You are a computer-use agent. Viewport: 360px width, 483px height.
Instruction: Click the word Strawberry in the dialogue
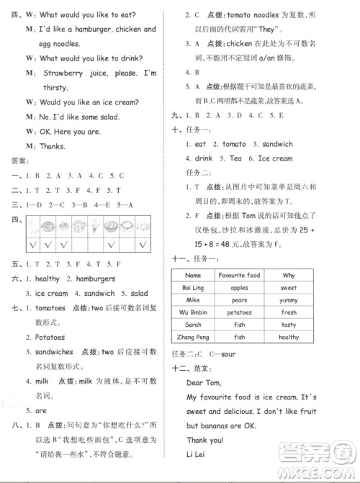(x=61, y=73)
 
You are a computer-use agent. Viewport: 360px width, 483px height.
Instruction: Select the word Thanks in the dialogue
(x=49, y=146)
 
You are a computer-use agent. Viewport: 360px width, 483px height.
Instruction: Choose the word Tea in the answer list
(x=236, y=158)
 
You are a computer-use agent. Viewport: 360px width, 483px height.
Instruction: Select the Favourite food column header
(x=242, y=276)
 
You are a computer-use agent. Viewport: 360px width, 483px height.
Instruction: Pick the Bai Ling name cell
(x=192, y=288)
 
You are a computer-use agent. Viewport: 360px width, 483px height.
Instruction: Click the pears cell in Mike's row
(x=240, y=300)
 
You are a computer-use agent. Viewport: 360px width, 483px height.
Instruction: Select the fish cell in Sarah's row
(x=240, y=325)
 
